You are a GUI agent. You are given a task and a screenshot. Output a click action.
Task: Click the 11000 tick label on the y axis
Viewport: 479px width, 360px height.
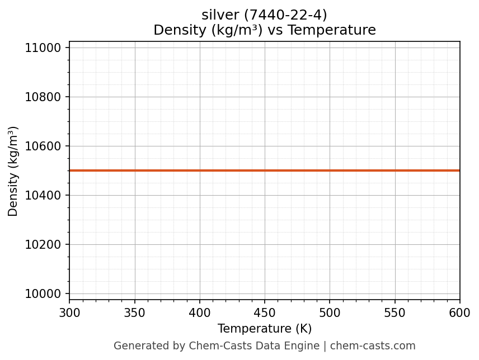click(x=43, y=48)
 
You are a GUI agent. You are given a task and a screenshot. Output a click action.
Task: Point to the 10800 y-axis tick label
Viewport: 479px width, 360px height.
click(x=43, y=97)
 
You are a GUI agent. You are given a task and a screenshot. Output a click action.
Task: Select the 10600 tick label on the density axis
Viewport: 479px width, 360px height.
click(x=43, y=146)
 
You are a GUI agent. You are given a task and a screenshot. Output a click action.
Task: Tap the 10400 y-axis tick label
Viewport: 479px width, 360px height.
click(x=43, y=196)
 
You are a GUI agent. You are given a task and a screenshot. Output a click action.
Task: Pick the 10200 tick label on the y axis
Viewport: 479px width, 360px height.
click(x=43, y=245)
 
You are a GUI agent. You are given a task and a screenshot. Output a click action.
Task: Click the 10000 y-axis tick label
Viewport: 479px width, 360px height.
click(x=43, y=294)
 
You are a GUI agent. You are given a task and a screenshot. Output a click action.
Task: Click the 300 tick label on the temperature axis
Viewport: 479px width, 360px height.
click(x=69, y=312)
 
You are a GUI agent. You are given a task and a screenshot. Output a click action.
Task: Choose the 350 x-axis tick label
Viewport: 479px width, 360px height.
click(x=135, y=312)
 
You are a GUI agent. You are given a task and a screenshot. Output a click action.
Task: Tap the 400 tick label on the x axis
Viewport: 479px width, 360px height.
click(x=200, y=312)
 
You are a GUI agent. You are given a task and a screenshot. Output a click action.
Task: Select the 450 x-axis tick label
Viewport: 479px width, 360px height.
click(x=265, y=312)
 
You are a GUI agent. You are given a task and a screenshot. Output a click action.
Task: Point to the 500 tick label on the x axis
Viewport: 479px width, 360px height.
click(x=330, y=312)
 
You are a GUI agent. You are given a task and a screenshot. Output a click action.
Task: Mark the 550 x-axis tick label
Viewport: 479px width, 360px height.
click(x=395, y=312)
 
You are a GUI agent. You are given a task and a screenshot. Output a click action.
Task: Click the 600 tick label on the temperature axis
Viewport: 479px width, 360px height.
click(x=460, y=312)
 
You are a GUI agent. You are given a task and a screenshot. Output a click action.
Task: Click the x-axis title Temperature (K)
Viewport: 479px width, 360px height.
click(x=265, y=329)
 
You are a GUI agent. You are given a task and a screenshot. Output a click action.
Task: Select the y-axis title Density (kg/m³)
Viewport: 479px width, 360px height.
click(x=13, y=171)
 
